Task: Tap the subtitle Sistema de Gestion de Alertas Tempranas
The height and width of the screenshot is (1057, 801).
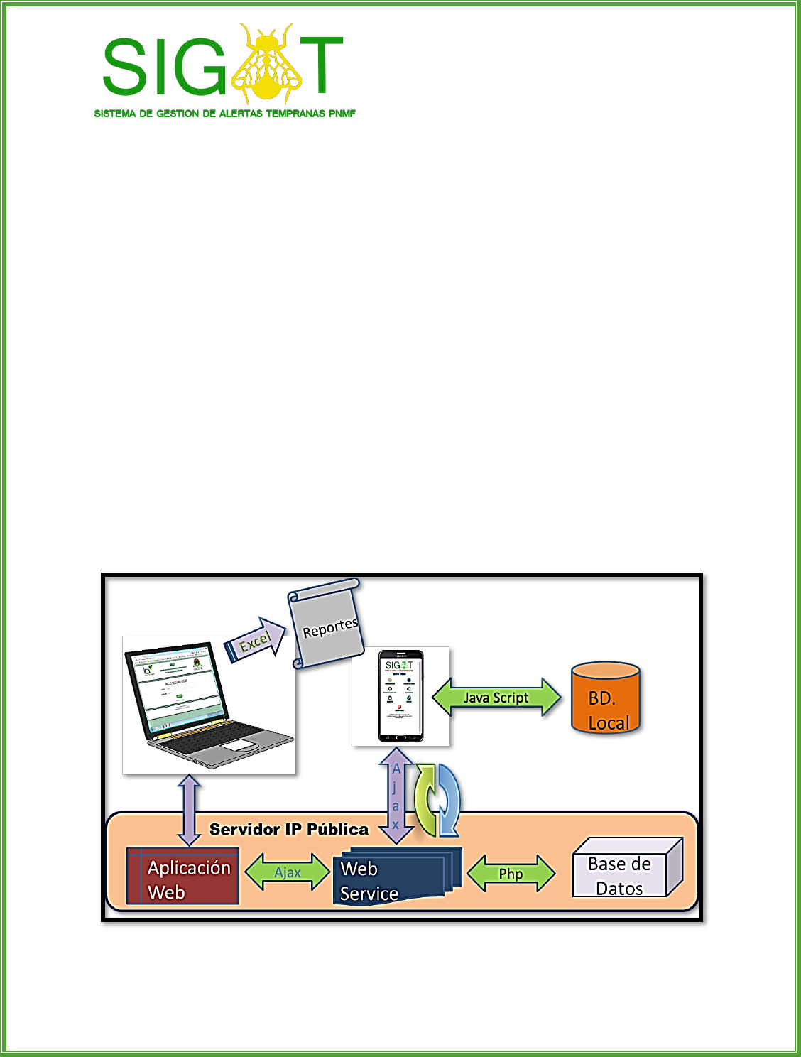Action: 224,114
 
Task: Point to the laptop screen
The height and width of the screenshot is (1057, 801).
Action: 178,685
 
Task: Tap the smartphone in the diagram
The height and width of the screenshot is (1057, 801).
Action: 400,695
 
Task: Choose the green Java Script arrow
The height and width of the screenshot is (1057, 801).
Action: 496,698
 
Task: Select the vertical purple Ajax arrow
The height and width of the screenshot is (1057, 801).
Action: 396,796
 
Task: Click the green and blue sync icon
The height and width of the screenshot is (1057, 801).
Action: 437,800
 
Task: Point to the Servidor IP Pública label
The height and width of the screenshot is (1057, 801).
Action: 289,829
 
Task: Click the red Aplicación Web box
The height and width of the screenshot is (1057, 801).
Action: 182,876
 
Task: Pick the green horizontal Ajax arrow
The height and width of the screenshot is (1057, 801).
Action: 288,873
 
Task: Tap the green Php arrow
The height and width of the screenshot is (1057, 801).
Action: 511,874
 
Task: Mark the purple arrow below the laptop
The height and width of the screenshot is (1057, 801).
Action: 190,809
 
